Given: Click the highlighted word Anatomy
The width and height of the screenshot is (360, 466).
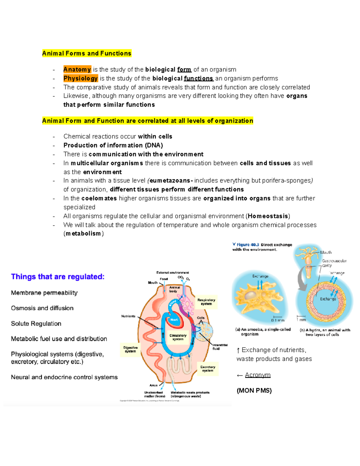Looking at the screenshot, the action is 77,70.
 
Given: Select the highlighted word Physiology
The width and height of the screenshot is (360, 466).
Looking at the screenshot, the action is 80,79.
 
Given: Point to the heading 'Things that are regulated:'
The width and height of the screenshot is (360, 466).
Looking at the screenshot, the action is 58,277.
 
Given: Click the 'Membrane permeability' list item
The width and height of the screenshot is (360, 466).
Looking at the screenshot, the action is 44,293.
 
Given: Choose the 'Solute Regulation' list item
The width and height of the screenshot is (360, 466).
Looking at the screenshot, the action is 36,323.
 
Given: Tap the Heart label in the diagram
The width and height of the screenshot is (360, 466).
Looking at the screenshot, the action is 174,320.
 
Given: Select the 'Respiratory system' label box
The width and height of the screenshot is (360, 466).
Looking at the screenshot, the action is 206,302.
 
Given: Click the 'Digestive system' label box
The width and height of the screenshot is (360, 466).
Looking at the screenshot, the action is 130,349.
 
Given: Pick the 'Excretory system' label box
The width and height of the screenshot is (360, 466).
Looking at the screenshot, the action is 208,369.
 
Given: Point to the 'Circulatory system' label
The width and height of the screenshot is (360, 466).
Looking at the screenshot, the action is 178,337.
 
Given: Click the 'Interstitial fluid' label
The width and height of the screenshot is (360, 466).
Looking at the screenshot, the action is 220,347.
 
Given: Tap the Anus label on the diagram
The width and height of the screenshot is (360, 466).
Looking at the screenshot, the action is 153,385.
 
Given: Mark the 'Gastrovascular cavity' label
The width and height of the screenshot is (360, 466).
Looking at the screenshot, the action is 334,263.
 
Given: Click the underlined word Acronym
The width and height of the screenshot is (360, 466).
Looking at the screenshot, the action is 258,375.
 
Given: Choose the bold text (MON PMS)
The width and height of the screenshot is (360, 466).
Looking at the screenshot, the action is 254,391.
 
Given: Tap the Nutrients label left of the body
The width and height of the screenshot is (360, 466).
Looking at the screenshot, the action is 128,316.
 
